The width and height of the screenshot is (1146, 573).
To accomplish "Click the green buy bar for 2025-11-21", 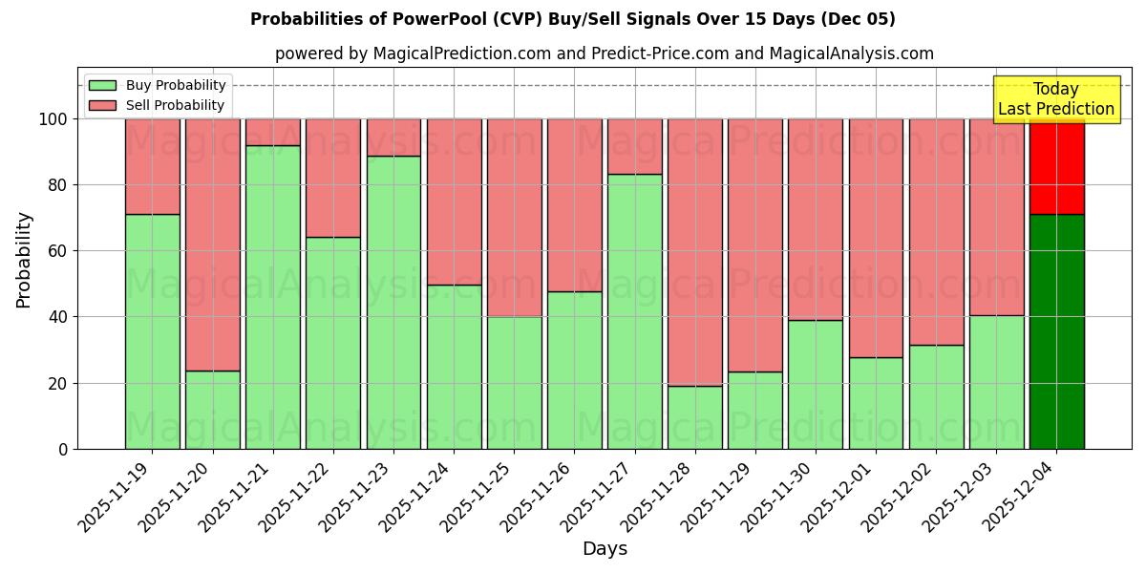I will [x=273, y=296].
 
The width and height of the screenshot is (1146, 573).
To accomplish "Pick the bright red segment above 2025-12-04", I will [x=1057, y=166].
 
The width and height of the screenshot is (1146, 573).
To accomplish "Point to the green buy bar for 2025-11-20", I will [x=213, y=410].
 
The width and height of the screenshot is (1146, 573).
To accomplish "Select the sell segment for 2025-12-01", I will [x=876, y=238].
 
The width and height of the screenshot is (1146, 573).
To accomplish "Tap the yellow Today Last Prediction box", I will [x=1055, y=100].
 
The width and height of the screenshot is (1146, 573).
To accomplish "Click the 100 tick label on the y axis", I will [x=53, y=119].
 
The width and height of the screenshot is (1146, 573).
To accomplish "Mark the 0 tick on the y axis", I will [x=63, y=449].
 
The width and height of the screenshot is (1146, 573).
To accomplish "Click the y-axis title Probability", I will [x=24, y=259].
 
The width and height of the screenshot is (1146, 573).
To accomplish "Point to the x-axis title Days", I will [x=605, y=549].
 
